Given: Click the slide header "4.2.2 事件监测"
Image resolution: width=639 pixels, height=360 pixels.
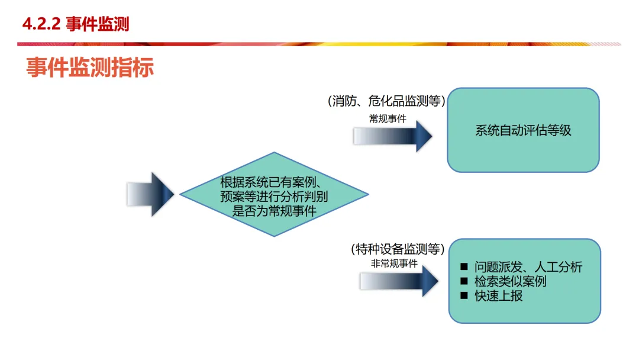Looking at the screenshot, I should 75,24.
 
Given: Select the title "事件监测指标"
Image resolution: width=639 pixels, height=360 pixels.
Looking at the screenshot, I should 89,67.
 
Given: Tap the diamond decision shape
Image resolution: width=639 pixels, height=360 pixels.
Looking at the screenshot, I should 274,194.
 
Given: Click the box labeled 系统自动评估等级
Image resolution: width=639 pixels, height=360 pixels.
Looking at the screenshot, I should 523,130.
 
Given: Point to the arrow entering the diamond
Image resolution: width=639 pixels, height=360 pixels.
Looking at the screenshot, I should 150,194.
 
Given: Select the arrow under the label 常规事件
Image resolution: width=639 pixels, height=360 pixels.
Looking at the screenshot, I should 393,136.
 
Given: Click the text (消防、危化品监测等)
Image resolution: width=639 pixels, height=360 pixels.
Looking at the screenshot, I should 386,101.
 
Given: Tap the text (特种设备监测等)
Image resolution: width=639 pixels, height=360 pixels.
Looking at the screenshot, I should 398,249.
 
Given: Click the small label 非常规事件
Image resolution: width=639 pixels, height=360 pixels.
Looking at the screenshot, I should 394,263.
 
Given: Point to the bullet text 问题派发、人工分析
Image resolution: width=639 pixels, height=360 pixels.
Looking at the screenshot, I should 528,267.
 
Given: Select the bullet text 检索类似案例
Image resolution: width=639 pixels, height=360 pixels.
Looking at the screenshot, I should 510,281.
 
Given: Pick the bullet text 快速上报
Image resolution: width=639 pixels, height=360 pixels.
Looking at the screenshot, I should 498,295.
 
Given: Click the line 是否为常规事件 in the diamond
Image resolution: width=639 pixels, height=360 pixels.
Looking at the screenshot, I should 274,210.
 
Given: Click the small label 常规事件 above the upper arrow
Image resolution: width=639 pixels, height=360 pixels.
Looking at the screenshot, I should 388,118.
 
